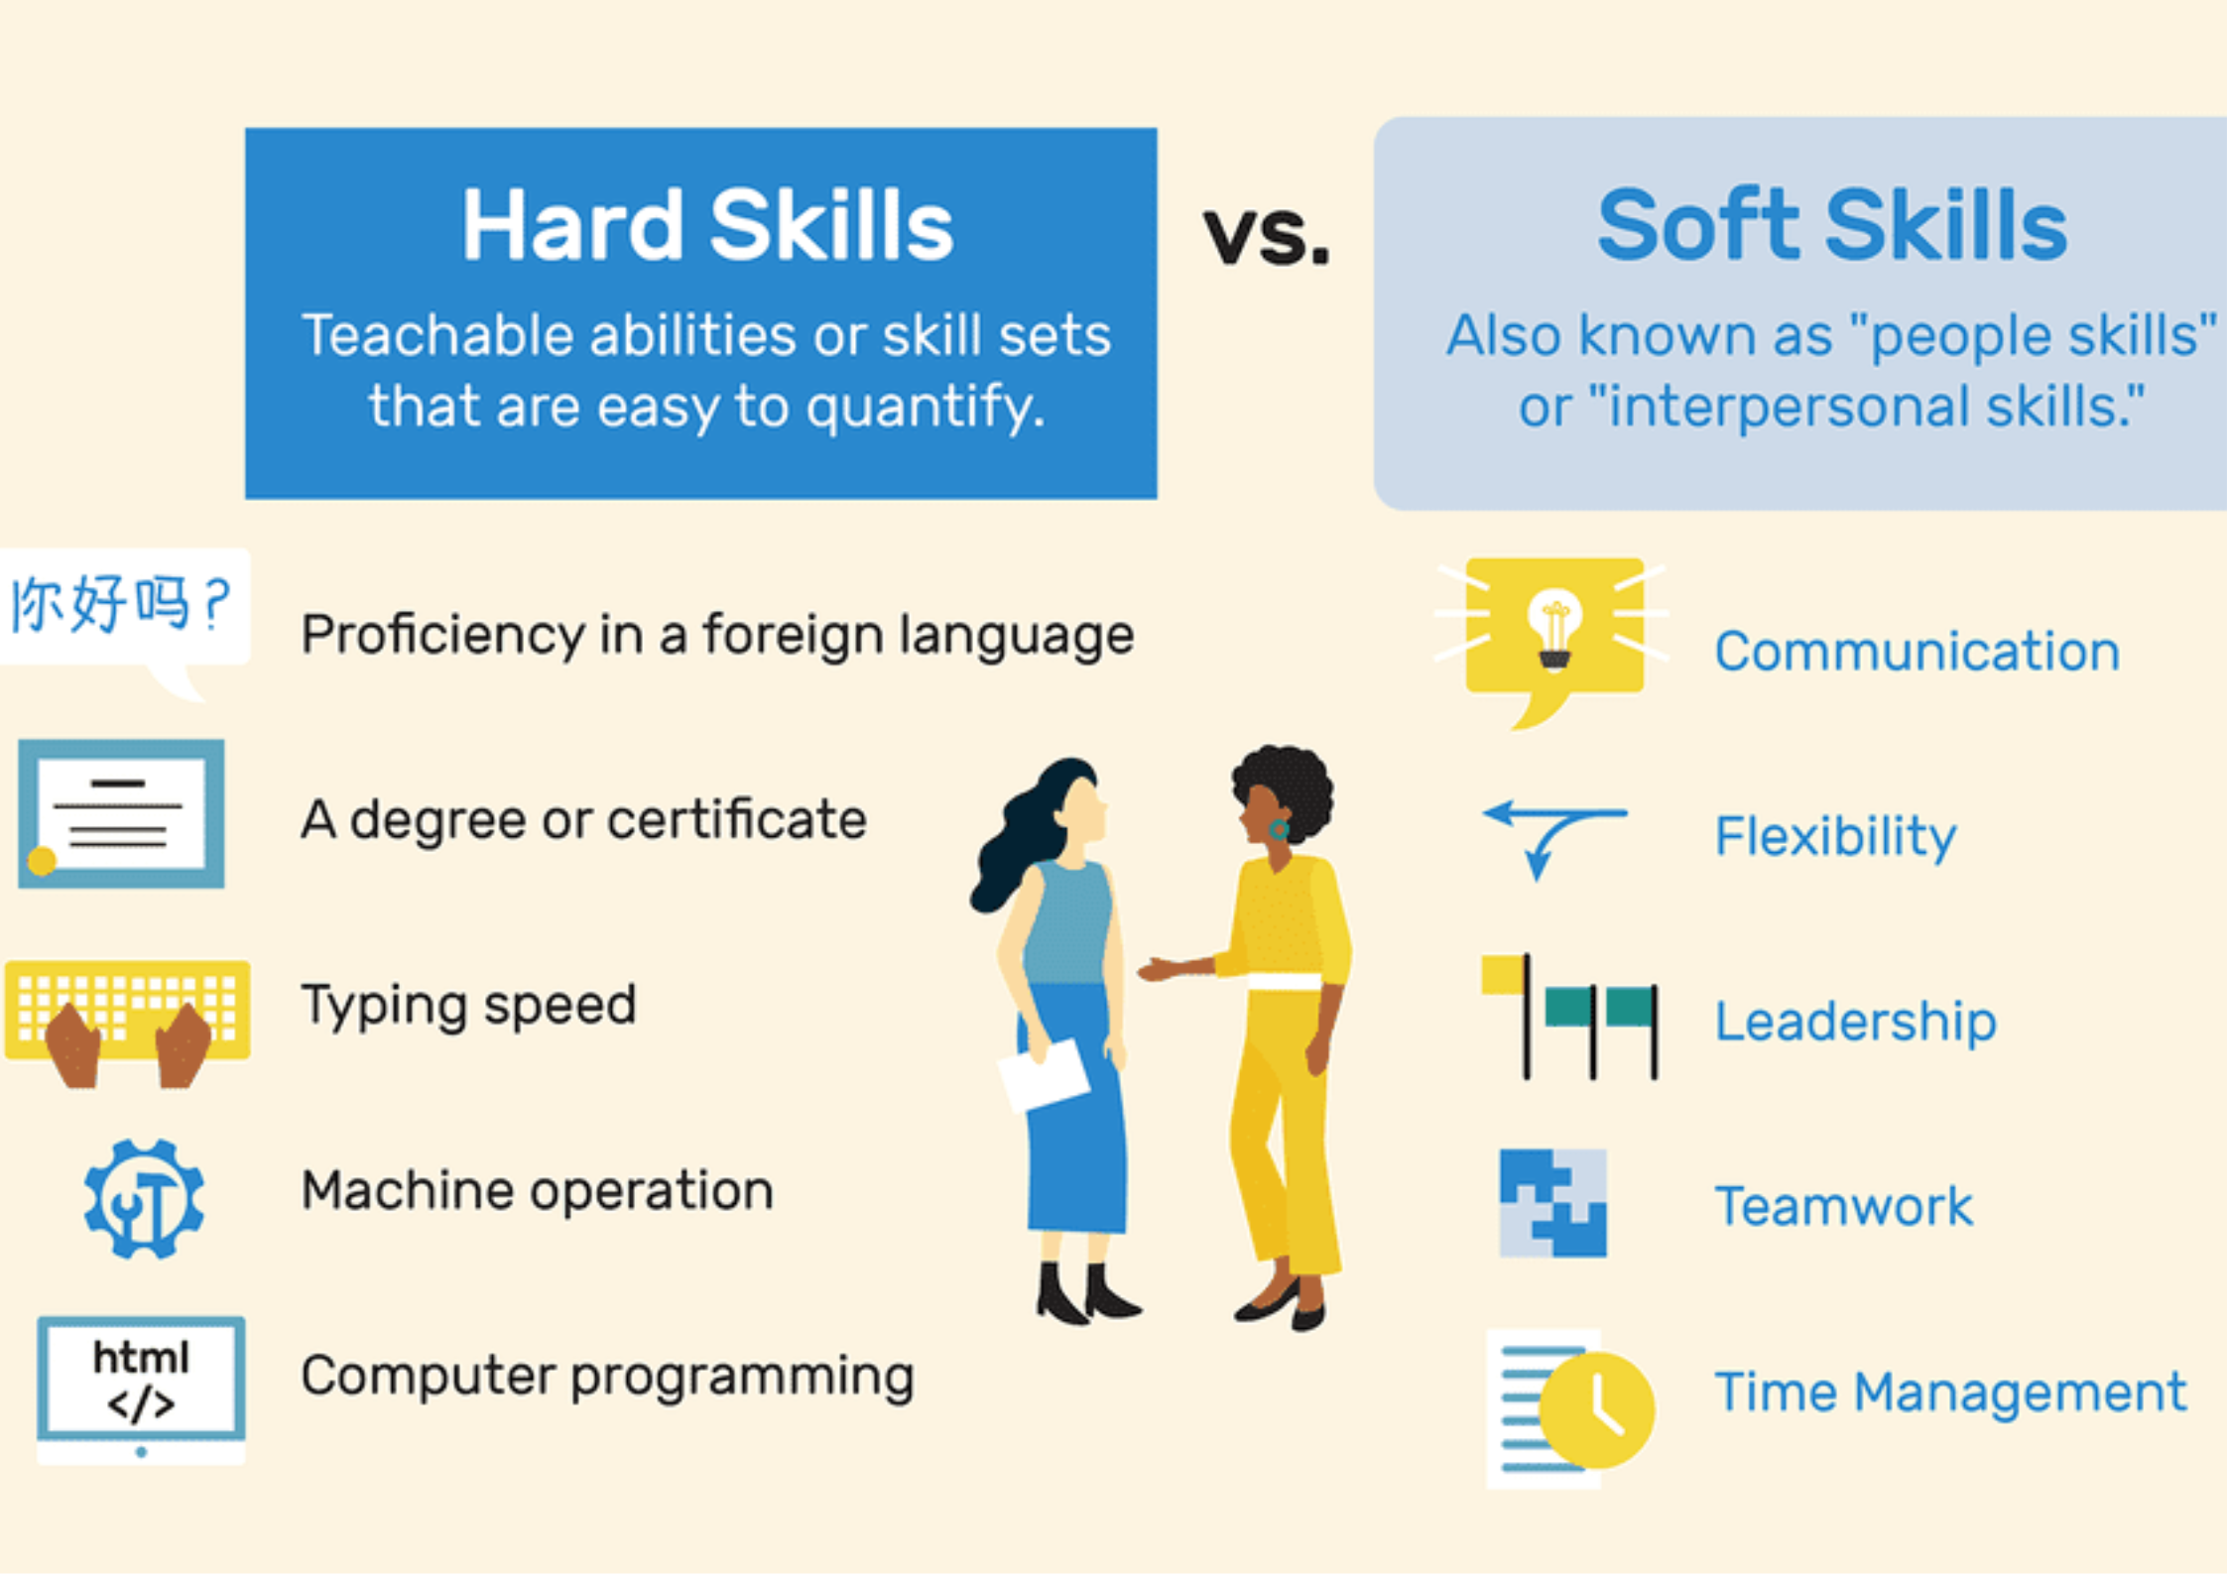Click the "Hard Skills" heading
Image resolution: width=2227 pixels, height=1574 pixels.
(x=706, y=226)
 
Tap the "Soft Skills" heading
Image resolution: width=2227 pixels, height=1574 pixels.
(x=1831, y=226)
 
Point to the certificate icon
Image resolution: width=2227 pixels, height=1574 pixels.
(x=121, y=813)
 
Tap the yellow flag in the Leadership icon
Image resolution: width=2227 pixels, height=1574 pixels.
(x=1503, y=974)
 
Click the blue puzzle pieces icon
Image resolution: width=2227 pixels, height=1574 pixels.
(x=1552, y=1203)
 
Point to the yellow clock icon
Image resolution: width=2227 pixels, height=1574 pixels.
(x=1597, y=1408)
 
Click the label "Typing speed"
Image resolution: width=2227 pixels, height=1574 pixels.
(x=468, y=1005)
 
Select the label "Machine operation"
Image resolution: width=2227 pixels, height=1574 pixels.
(x=537, y=1190)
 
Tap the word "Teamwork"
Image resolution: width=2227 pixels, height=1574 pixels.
(x=1843, y=1206)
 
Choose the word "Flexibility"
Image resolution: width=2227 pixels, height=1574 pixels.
(x=1835, y=836)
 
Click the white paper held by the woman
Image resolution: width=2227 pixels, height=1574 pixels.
(x=1044, y=1074)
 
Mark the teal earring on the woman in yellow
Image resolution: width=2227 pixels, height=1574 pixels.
(x=1280, y=828)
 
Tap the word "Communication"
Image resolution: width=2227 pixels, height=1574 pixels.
(x=1917, y=652)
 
